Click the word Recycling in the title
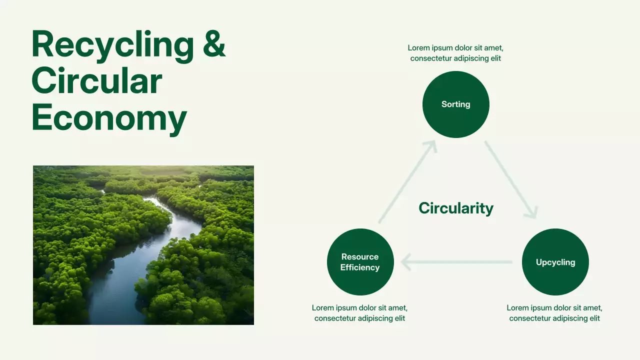click(x=113, y=45)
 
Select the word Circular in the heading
click(x=97, y=81)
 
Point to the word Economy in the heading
click(x=109, y=118)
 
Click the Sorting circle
click(x=455, y=104)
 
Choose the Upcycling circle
click(x=555, y=261)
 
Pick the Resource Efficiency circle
click(x=360, y=261)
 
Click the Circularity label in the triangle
click(x=456, y=208)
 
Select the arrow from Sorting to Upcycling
click(x=511, y=179)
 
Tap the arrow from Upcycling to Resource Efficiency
click(x=456, y=261)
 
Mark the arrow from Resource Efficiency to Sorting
click(x=407, y=181)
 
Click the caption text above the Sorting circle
click(x=455, y=53)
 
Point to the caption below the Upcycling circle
click(x=554, y=313)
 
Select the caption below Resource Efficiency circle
click(x=359, y=313)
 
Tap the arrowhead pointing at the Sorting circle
click(x=431, y=145)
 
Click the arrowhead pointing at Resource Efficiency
click(x=405, y=261)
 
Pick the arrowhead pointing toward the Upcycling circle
click(x=532, y=213)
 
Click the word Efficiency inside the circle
click(x=359, y=267)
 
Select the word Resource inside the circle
click(x=359, y=256)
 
